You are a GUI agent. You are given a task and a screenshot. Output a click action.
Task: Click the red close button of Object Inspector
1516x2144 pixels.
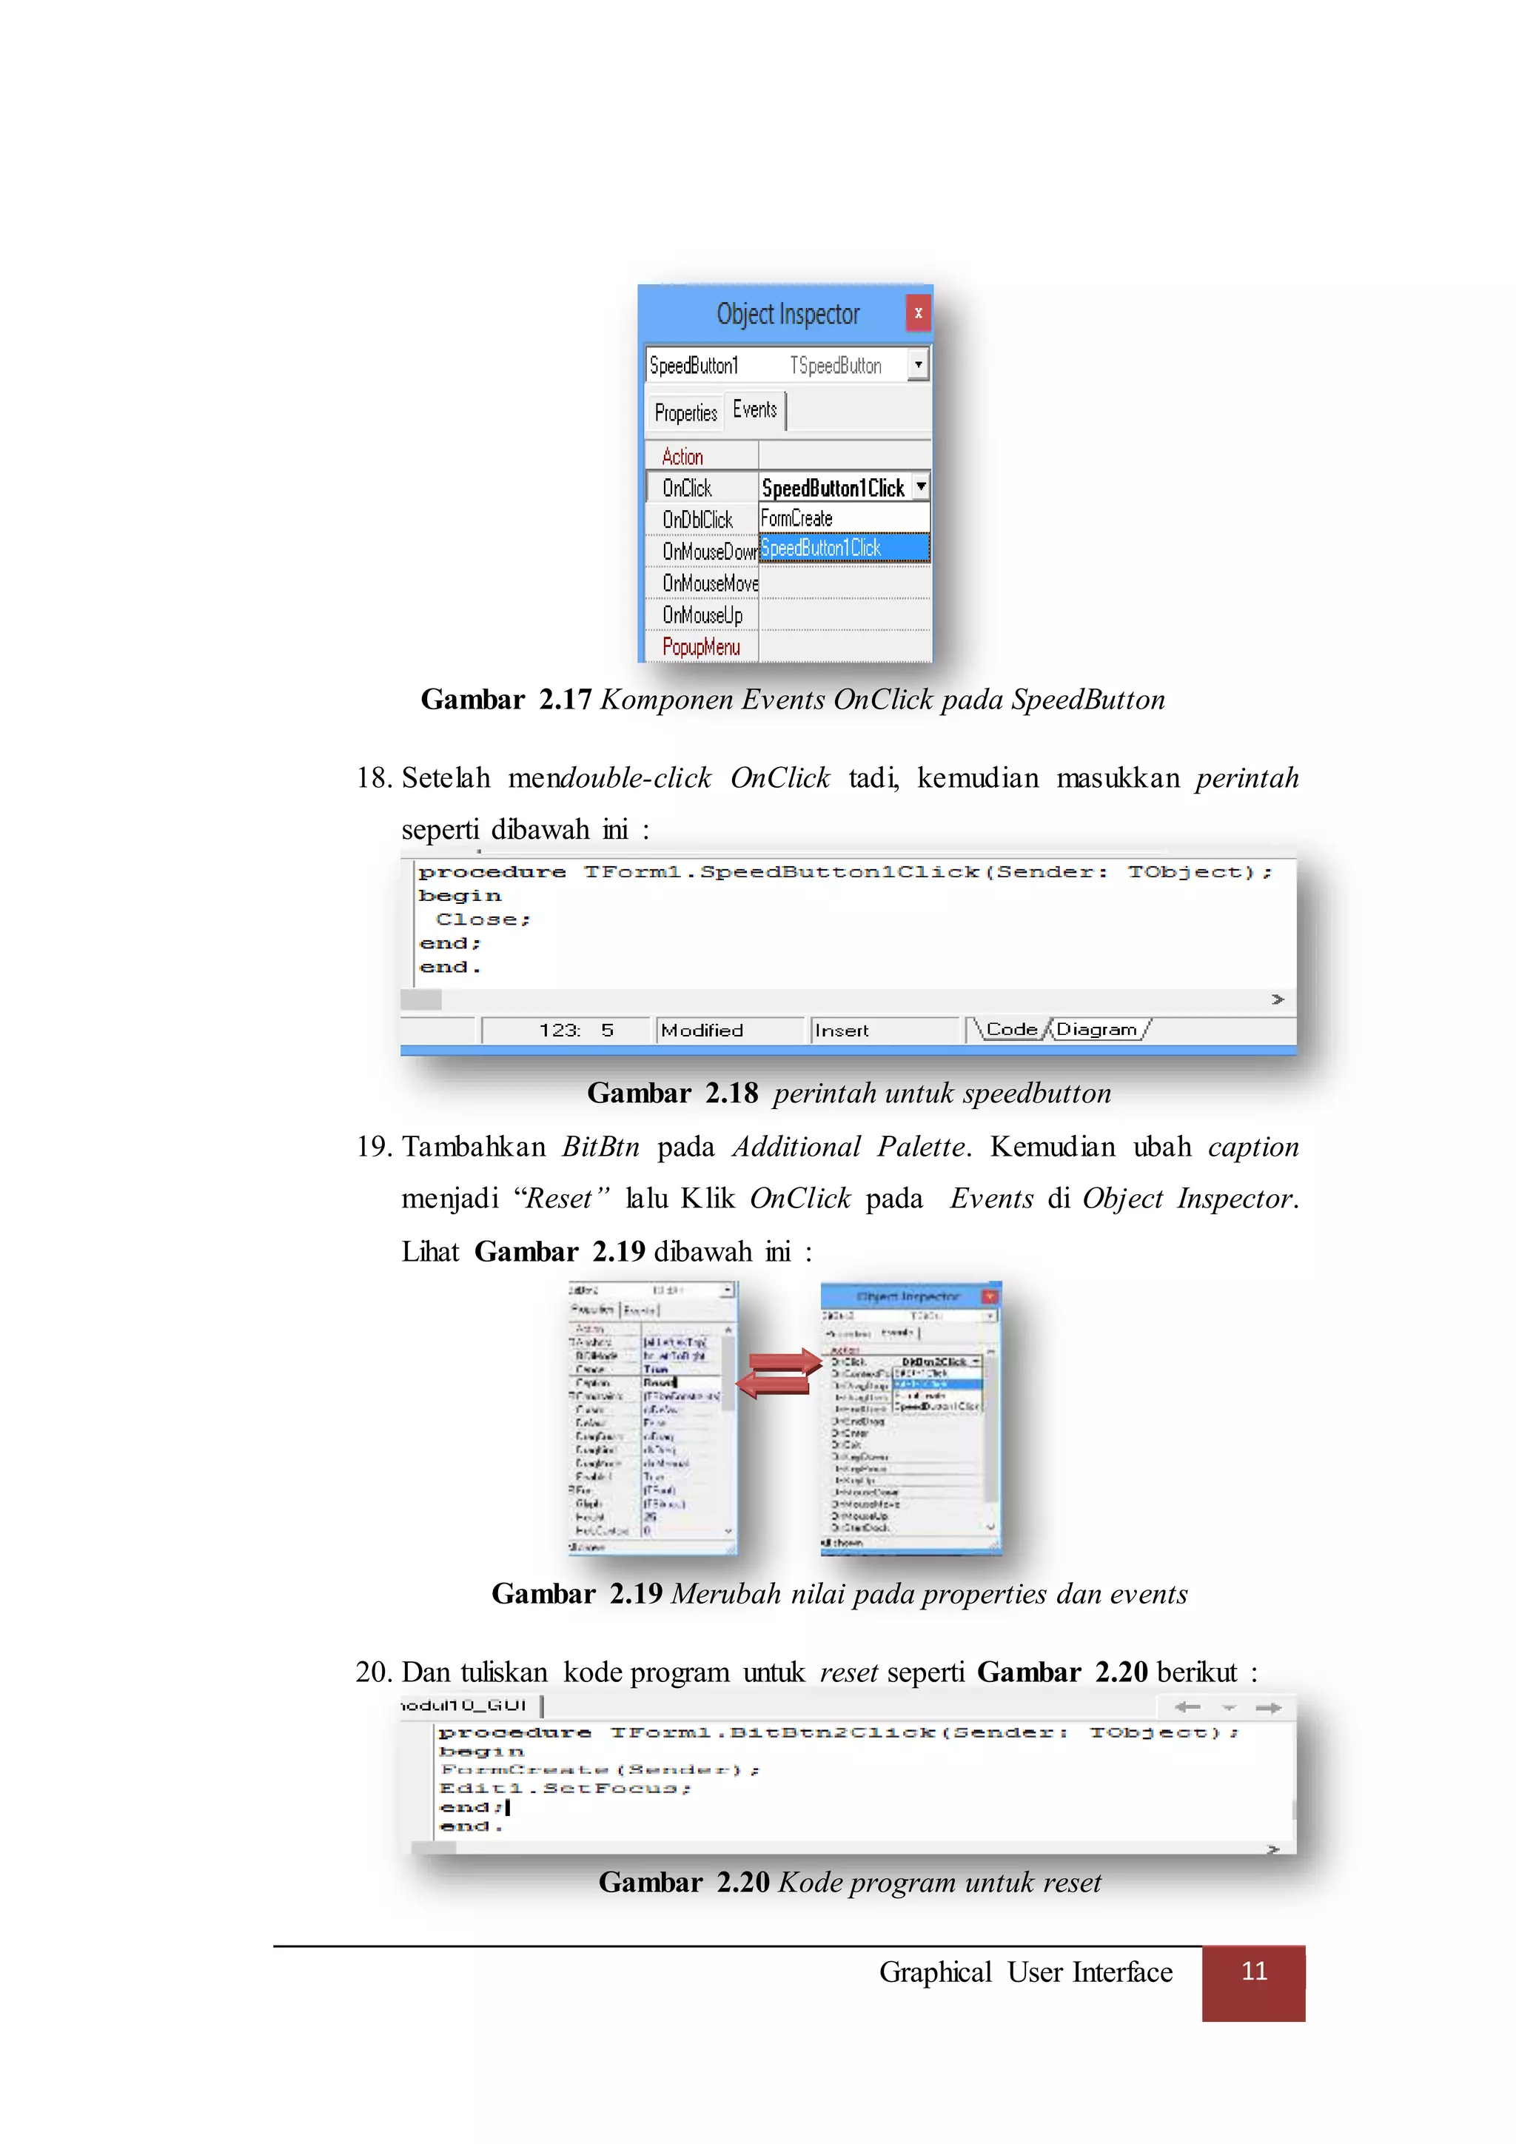point(918,313)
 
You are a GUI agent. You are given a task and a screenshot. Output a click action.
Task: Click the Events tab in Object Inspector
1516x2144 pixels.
point(754,410)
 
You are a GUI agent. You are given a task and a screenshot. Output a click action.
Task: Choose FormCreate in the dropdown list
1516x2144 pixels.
point(796,518)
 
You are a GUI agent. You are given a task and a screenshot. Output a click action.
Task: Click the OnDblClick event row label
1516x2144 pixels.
point(697,519)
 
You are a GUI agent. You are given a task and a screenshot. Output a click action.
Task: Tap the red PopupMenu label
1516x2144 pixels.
point(700,647)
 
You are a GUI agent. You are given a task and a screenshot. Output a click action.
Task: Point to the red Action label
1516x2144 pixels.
point(682,457)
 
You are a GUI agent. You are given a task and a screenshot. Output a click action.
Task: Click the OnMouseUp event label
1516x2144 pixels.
point(702,615)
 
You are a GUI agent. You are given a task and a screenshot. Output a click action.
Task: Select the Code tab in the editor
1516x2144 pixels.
point(1011,1029)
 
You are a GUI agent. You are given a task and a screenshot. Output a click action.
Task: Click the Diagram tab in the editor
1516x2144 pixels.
point(1096,1029)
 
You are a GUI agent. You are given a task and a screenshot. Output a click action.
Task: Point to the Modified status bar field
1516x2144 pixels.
point(702,1030)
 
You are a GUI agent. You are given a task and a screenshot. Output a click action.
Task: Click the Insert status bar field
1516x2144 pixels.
point(842,1030)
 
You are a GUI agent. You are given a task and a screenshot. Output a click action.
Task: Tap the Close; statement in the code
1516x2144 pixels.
point(483,919)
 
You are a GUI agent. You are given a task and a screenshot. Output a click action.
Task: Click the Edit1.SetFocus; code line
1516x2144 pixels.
point(565,1788)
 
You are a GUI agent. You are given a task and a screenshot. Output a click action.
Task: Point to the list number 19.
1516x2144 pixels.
point(375,1147)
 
